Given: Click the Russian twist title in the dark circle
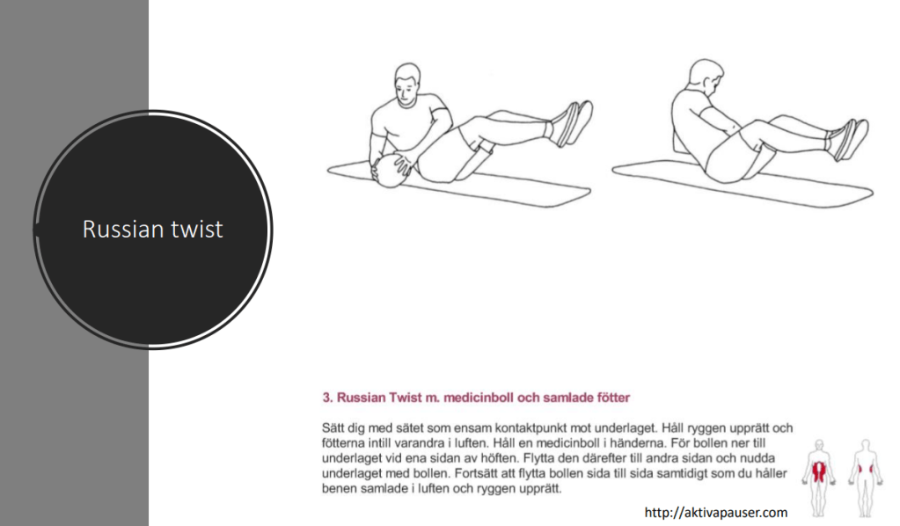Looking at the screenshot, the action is tap(153, 229).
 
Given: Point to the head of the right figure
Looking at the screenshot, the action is tap(705, 78).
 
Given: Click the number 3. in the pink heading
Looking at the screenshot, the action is tap(327, 398).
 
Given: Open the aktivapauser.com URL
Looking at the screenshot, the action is tap(716, 512).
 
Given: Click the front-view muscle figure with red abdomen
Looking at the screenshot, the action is tap(819, 479).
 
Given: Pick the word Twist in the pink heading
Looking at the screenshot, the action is tap(406, 398).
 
